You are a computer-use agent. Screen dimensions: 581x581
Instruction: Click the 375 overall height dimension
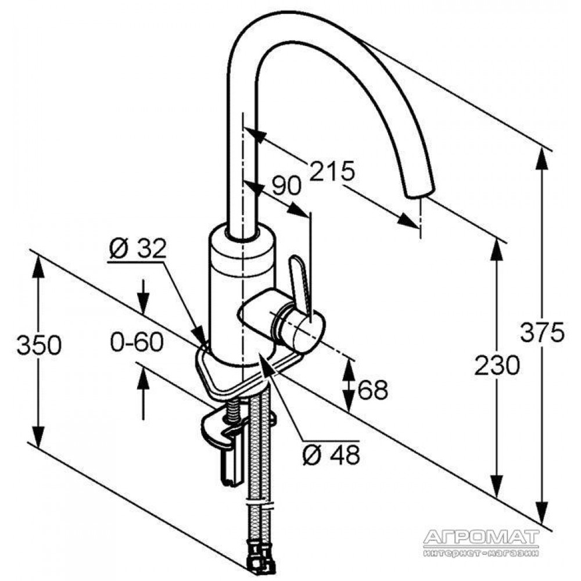click(542, 332)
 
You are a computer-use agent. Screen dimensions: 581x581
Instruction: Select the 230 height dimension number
click(497, 365)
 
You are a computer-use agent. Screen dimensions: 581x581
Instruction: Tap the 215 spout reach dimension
click(332, 171)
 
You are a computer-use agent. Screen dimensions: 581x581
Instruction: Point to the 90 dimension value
click(286, 185)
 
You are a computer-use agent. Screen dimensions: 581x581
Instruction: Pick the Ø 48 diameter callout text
click(331, 454)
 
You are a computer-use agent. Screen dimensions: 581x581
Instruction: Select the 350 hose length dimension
click(39, 345)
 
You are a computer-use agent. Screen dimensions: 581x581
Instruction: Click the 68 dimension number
click(373, 389)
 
